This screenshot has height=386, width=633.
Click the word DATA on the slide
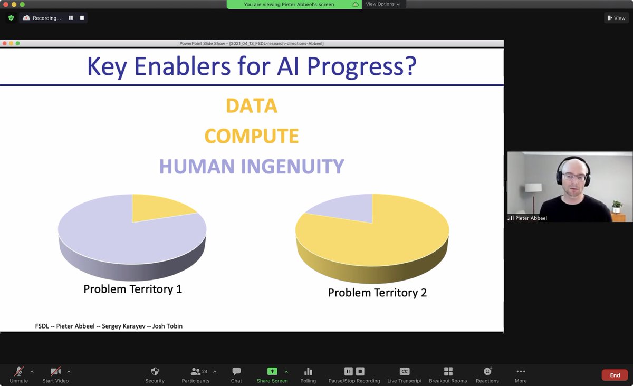[x=252, y=105]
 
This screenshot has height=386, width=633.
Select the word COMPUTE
[x=252, y=136]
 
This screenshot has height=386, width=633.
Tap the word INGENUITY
[x=292, y=166]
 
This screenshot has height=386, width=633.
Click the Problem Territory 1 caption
[x=133, y=289]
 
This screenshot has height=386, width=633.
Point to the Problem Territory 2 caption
[x=377, y=293]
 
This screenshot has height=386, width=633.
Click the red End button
[x=615, y=375]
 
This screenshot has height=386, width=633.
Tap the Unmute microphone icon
[x=19, y=371]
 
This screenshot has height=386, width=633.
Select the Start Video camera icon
[x=55, y=371]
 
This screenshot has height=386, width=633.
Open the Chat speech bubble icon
[x=236, y=371]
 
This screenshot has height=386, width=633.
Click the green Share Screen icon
[x=272, y=371]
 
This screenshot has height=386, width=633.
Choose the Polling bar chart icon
[x=308, y=371]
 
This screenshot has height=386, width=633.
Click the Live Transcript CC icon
[x=405, y=371]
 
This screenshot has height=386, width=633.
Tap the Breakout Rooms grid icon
[x=448, y=371]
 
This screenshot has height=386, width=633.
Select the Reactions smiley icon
[x=487, y=371]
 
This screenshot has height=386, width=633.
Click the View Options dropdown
[x=383, y=4]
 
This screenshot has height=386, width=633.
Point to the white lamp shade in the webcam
[x=533, y=188]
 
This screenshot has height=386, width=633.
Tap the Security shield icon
[x=155, y=371]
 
